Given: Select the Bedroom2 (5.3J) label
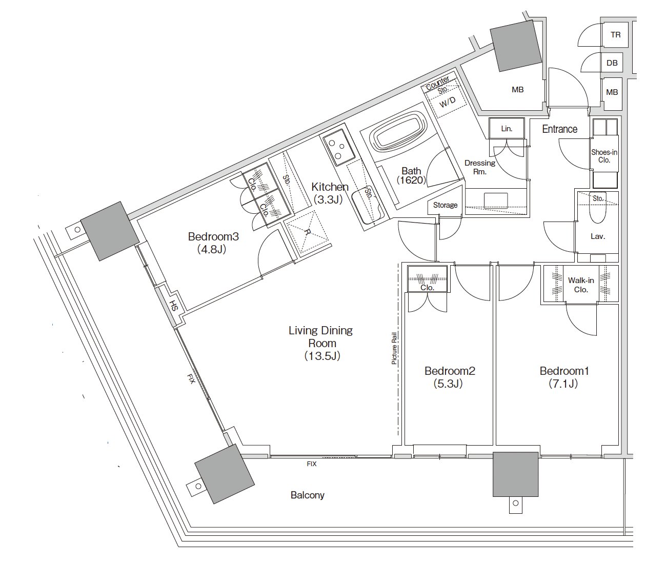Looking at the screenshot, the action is [x=450, y=377].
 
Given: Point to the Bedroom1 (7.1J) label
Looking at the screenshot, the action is [x=564, y=377].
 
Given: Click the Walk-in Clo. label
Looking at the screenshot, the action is [x=581, y=285].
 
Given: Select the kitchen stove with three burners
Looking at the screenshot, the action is [x=337, y=148].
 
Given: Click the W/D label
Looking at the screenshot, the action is [x=448, y=102].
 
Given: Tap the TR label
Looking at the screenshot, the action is [x=615, y=35].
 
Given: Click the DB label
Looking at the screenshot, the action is [x=612, y=63].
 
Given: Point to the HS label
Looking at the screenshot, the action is [x=174, y=305].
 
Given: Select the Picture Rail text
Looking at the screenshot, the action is [x=394, y=348].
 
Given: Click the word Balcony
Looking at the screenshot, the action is [x=307, y=495].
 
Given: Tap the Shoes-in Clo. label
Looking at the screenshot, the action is [x=604, y=156].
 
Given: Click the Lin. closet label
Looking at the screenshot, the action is [x=507, y=129].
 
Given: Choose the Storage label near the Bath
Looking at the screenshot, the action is [x=445, y=205].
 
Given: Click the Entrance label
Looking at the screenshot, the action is [x=559, y=129].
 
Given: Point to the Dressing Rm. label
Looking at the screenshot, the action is [x=479, y=167].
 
